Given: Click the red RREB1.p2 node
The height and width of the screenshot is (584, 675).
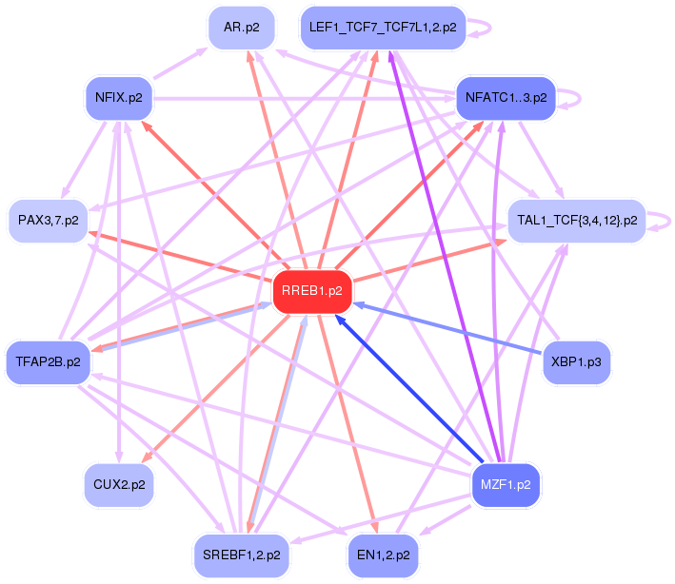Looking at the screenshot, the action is [x=312, y=292].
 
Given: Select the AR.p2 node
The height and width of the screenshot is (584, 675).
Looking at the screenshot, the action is [x=242, y=28].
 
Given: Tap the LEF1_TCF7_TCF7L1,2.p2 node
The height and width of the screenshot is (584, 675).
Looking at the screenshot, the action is [x=383, y=28].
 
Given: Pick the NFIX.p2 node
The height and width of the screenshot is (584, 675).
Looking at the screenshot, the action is [x=119, y=99].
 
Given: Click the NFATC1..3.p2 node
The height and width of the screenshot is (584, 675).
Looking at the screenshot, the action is [x=506, y=99].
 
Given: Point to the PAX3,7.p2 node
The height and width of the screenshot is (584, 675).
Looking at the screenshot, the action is [x=49, y=221].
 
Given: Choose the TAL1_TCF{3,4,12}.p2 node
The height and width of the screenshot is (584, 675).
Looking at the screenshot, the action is [x=577, y=221].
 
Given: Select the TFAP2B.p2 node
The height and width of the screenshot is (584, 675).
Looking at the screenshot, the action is [x=49, y=362].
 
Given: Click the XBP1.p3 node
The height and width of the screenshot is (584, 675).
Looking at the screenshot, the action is [x=576, y=362].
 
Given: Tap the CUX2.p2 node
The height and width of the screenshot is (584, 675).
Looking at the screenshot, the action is [x=119, y=485].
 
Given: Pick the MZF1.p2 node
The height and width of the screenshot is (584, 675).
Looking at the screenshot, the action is [x=506, y=485].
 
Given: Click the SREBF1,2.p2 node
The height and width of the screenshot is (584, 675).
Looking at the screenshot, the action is [x=242, y=556].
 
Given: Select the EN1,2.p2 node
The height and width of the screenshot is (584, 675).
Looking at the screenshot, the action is [x=384, y=556].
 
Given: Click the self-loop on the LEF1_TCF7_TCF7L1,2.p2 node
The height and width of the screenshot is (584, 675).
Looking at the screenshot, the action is [x=490, y=28].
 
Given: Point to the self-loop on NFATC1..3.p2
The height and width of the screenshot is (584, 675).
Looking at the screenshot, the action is [x=581, y=99].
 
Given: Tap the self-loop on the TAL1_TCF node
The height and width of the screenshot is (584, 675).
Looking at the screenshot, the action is [x=670, y=221].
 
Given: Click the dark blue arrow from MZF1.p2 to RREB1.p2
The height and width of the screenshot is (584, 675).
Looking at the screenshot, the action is [x=409, y=388].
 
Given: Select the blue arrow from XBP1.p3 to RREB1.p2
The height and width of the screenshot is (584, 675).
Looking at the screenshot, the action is [x=447, y=329].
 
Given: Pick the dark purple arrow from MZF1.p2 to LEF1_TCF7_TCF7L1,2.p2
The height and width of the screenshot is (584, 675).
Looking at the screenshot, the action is [x=445, y=257].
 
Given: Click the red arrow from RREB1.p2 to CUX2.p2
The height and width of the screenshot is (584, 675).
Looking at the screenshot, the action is [x=215, y=389].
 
